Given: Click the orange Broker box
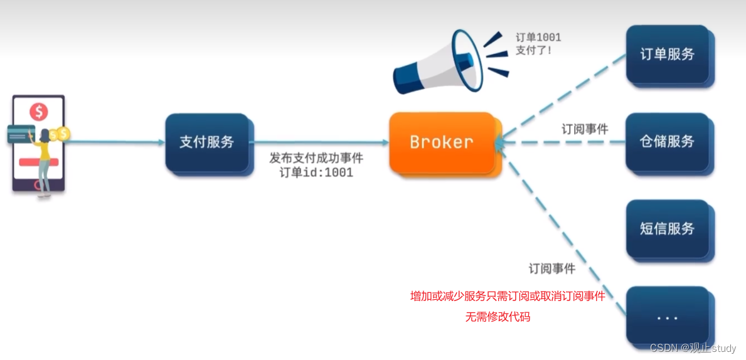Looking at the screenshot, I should coord(440,142).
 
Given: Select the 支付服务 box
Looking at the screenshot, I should coord(206,142).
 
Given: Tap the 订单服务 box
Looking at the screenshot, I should coord(667,54).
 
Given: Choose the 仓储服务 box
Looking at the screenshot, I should coord(667,142).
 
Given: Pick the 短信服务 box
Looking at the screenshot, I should coord(667,229).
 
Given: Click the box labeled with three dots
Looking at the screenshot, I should coord(667,317).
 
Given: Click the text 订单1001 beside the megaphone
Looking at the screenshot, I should coord(538,38).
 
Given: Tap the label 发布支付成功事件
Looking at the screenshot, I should coord(316,158).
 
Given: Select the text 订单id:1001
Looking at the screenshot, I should coord(316,172).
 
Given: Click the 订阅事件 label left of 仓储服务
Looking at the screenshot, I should coord(584,129).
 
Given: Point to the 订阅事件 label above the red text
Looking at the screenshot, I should coord(552,269).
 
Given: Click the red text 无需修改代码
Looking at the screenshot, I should coord(498,317).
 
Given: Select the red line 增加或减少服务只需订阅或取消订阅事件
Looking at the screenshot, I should coord(507,296).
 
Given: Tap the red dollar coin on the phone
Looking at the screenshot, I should coord(38,112).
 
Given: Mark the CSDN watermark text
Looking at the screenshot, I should coord(693,348).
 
